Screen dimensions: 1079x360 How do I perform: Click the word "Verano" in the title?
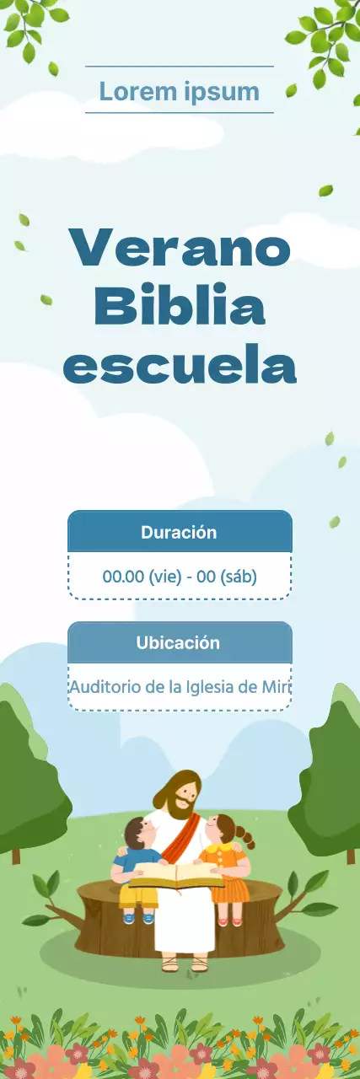(180, 249)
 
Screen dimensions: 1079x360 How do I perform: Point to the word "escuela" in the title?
(180, 365)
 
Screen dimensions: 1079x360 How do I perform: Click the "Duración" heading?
(179, 533)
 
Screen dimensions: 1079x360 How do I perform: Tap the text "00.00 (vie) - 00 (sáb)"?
(180, 577)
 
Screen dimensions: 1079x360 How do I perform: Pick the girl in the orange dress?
(225, 860)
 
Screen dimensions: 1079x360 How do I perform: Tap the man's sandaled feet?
(184, 962)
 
